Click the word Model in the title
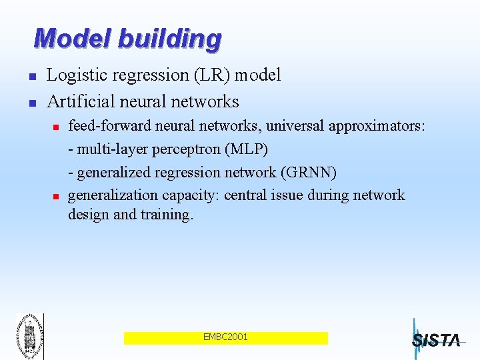(73, 39)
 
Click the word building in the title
(169, 39)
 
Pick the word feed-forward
(100, 127)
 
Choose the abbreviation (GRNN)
(310, 173)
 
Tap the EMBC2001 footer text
(225, 337)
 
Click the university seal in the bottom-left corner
(29, 335)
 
